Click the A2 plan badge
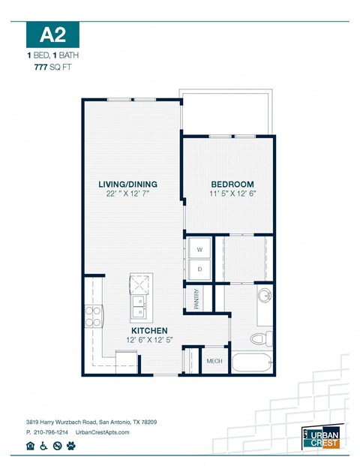pyautogui.click(x=52, y=35)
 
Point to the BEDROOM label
pyautogui.click(x=232, y=185)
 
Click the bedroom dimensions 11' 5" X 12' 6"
pyautogui.click(x=232, y=195)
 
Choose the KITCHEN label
pyautogui.click(x=149, y=330)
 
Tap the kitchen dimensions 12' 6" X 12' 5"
pyautogui.click(x=148, y=341)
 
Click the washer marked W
pyautogui.click(x=200, y=249)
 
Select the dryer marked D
pyautogui.click(x=200, y=269)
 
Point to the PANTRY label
pyautogui.click(x=196, y=299)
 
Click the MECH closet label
pyautogui.click(x=215, y=362)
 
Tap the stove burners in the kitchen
pyautogui.click(x=92, y=317)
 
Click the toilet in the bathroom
pyautogui.click(x=257, y=338)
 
